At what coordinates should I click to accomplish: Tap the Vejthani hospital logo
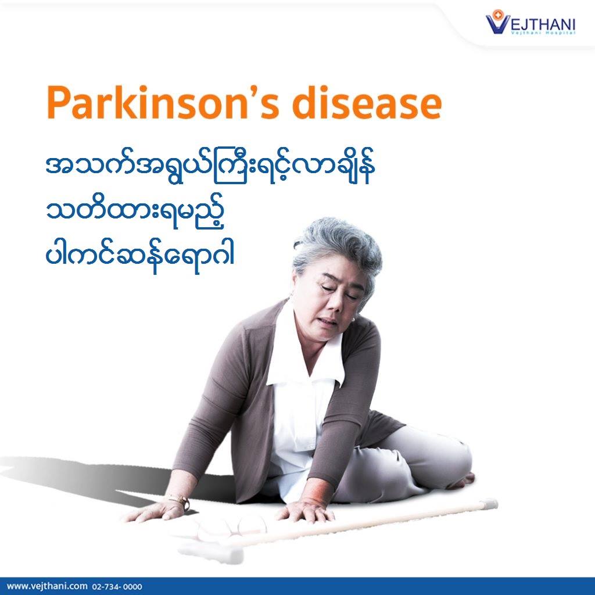click(531, 23)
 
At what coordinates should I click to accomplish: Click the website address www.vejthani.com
click(47, 586)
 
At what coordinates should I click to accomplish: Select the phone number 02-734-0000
click(117, 587)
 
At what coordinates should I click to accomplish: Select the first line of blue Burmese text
click(210, 169)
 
